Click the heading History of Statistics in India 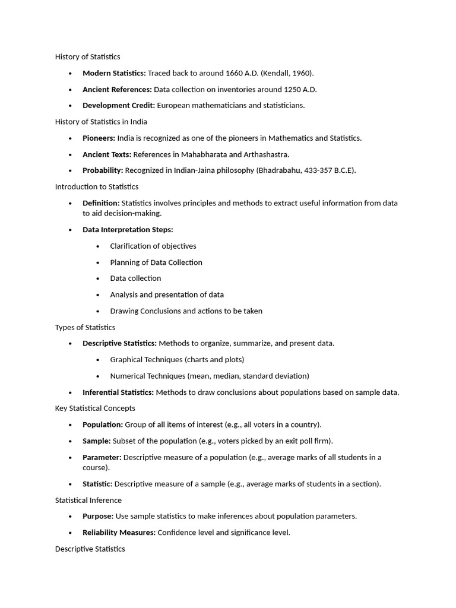pos(101,122)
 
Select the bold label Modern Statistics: pos(114,73)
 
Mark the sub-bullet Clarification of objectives pos(153,246)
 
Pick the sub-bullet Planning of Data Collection pos(156,262)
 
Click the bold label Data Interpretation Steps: pos(128,230)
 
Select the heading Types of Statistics pos(85,327)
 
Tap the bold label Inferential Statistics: pos(118,392)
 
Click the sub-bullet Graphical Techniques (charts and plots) pos(177,359)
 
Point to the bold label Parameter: pos(102,457)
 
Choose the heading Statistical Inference pos(88,500)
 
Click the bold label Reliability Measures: pos(119,533)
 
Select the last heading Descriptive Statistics pos(90,549)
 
